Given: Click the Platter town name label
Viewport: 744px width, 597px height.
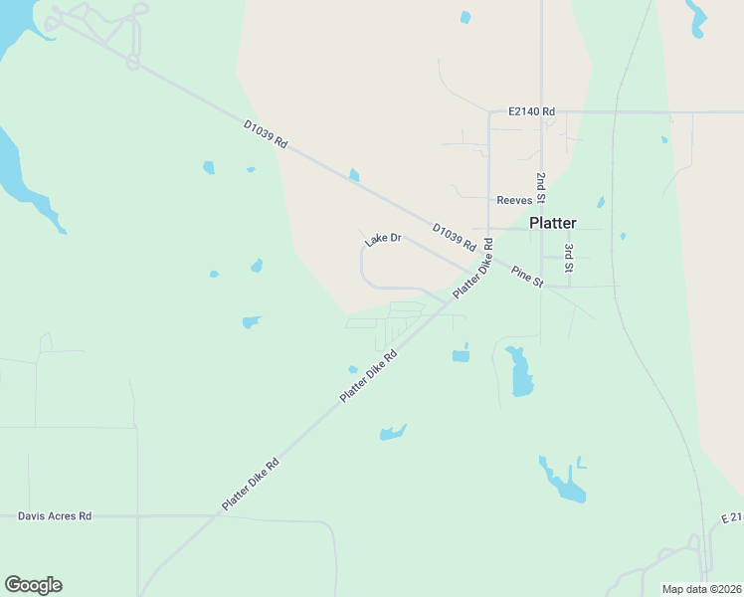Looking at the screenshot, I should tap(552, 223).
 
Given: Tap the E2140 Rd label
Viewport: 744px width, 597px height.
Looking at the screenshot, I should tap(530, 111).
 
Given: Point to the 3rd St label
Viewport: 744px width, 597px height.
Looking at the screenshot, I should tap(569, 257).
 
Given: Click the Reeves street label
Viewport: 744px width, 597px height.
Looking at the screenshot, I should tap(514, 200).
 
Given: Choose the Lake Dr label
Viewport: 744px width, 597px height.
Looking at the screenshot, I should tap(382, 240).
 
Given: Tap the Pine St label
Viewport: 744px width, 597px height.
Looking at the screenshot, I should tap(527, 277).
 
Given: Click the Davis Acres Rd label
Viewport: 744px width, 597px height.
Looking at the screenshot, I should tap(55, 516).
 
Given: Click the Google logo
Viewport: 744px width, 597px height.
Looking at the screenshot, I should tap(33, 585).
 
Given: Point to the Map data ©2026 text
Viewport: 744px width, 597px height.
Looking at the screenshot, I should tap(700, 589).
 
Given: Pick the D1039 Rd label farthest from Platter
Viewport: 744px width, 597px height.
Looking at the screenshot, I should tap(266, 134).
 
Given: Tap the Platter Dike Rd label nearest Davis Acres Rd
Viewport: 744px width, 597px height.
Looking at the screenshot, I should tap(250, 486).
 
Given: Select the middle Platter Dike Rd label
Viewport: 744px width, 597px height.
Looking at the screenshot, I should tap(368, 375).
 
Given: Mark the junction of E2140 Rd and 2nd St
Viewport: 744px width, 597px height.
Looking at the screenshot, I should tap(541, 111).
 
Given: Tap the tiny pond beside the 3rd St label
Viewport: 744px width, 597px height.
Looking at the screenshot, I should tap(623, 237).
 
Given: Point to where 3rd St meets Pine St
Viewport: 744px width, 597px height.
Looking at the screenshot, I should tap(569, 287).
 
